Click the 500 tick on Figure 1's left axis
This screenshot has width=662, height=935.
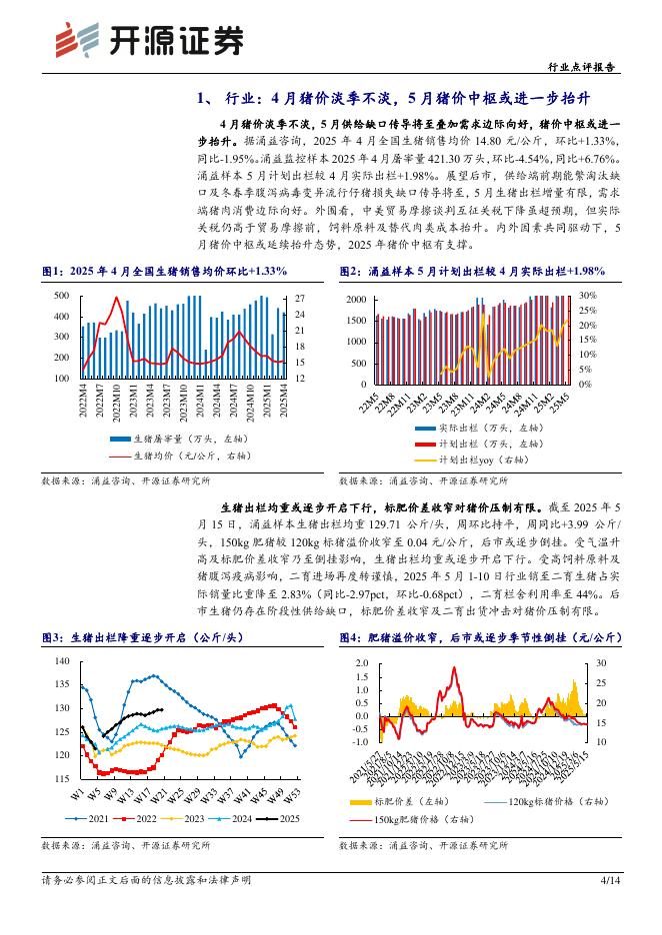(61, 296)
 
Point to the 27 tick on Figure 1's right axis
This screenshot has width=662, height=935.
(302, 299)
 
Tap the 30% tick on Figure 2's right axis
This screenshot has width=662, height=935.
(588, 296)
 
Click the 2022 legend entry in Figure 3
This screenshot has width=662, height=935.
(139, 818)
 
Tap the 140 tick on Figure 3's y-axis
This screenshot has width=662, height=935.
(61, 661)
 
